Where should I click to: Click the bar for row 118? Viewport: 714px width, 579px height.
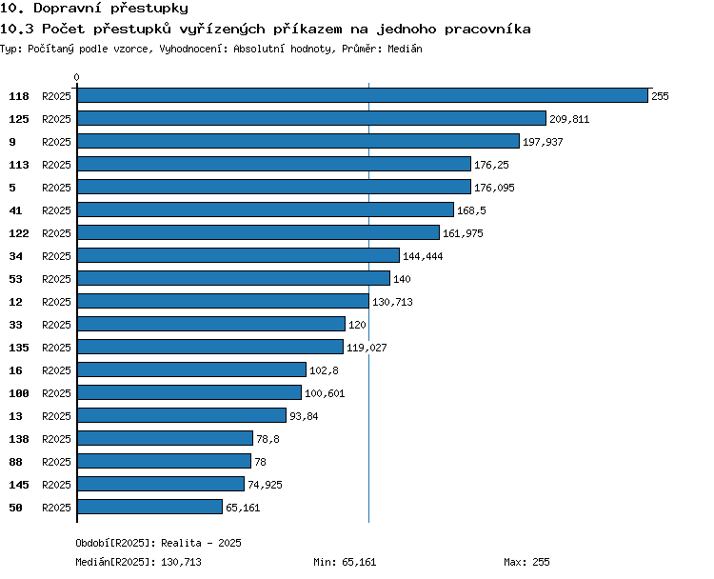[363, 95]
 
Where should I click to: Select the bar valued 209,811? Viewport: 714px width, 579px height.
[311, 118]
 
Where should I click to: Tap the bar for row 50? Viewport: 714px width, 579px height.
[149, 507]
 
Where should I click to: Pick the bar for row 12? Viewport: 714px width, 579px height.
[223, 301]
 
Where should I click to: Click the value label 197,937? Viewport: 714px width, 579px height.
[543, 142]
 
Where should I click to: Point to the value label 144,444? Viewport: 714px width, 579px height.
[423, 256]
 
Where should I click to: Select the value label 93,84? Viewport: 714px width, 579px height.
[304, 416]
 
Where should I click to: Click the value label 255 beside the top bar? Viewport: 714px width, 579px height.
[660, 96]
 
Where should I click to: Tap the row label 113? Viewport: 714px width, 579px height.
[19, 165]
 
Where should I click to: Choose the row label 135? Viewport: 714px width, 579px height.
[19, 348]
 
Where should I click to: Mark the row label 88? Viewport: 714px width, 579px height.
[15, 462]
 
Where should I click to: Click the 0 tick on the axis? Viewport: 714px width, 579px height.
[76, 77]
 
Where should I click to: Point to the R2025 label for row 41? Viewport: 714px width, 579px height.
[56, 210]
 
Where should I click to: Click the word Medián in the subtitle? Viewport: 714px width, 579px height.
[405, 49]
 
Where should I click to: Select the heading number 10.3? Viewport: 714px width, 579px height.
[17, 30]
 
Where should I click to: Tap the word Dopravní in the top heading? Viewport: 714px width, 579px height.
[68, 9]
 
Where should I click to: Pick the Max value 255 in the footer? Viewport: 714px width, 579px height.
[541, 562]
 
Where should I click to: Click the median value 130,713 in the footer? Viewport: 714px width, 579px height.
[181, 562]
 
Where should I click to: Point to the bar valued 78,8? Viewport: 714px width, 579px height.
[165, 438]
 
